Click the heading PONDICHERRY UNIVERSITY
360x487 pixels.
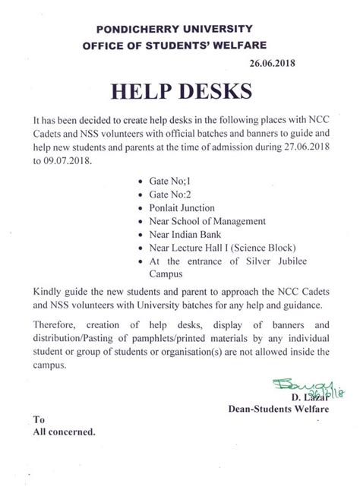click(x=181, y=29)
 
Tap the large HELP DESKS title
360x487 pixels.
click(x=180, y=93)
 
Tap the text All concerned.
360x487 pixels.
click(x=64, y=432)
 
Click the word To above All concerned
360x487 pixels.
click(x=39, y=419)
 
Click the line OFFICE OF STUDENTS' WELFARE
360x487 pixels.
click(x=180, y=46)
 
